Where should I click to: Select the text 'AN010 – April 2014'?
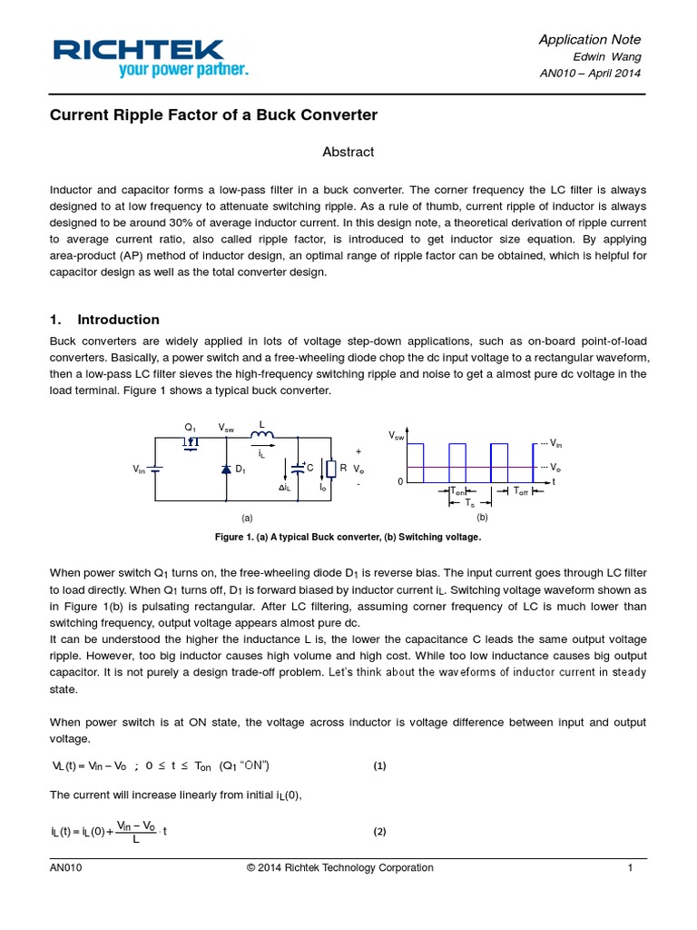[x=591, y=73]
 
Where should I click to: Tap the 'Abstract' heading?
[x=348, y=152]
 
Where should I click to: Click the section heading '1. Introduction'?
[x=104, y=320]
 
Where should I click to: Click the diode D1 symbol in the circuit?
[x=226, y=470]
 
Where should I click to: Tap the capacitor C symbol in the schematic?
[x=299, y=469]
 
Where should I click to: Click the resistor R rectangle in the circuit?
[x=332, y=469]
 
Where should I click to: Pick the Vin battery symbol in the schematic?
[x=156, y=469]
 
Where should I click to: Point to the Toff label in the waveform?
[x=521, y=491]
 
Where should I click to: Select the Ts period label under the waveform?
[x=469, y=502]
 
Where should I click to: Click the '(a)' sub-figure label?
[x=245, y=517]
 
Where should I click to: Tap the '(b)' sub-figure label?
[x=482, y=517]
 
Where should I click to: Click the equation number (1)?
[x=380, y=766]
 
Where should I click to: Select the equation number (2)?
[x=380, y=832]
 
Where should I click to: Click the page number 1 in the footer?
[x=629, y=868]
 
